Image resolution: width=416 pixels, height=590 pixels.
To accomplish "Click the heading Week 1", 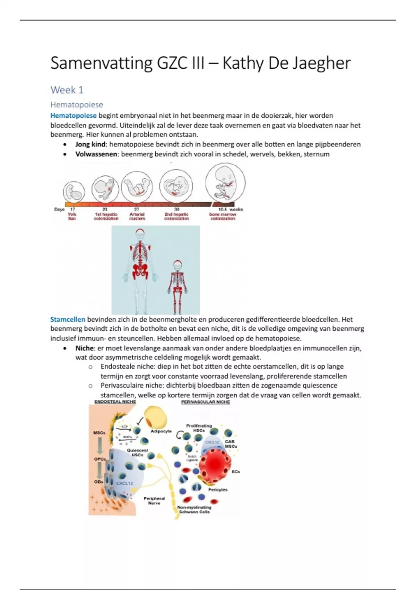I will [67, 90].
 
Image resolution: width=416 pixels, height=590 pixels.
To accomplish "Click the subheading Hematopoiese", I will [77, 104].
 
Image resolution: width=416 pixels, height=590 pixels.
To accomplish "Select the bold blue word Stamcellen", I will [68, 319].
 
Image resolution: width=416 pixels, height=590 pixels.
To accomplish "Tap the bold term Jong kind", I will [90, 144].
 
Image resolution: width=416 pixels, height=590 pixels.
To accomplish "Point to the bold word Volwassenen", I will [96, 154].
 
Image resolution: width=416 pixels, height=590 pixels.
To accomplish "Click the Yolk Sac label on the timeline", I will [72, 217].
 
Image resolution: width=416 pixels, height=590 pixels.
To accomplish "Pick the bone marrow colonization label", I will [223, 217].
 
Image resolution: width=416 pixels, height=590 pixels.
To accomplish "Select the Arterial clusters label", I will [137, 217].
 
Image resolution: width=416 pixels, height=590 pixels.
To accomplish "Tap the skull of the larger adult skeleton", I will [140, 235].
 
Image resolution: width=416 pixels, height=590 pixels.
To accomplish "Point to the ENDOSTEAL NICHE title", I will [115, 402].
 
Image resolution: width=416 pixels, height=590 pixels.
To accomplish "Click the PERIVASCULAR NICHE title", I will [205, 402].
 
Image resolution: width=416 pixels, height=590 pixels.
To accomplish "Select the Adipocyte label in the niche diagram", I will [161, 431].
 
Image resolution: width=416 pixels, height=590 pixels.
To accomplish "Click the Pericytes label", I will [218, 490].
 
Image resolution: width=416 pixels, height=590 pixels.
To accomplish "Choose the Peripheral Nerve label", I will [154, 500].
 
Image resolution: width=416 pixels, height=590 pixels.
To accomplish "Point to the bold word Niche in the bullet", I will [84, 348].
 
